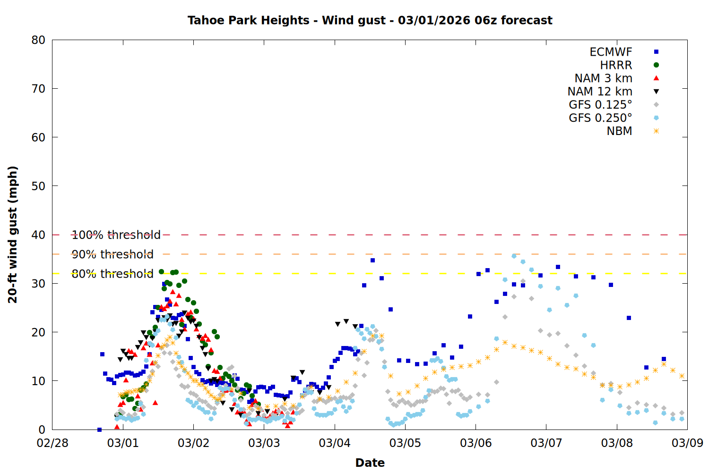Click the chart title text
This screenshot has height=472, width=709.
pos(370,20)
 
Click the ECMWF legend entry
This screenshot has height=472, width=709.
pos(611,52)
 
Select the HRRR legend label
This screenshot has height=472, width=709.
pos(616,65)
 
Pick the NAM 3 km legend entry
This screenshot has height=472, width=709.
pos(603,78)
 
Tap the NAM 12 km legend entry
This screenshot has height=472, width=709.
pos(600,92)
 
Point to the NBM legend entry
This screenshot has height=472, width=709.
pos(619,131)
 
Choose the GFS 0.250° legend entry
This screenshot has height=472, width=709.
pos(600,118)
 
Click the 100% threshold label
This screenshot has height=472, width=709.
pos(116,235)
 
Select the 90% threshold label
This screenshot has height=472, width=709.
pos(112,254)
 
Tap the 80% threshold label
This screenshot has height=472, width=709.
pos(112,274)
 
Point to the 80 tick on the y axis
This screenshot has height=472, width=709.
pos(38,40)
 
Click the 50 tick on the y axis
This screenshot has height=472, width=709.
pos(38,186)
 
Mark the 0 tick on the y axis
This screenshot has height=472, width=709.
pos(42,430)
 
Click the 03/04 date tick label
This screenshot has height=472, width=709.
pos(335,443)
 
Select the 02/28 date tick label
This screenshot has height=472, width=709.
pos(52,443)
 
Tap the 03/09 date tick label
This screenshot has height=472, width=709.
pos(687,443)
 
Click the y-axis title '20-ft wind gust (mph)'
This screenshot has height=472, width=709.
pos(13,235)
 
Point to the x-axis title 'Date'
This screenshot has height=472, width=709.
pos(370,463)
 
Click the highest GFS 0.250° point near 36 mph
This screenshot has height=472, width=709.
pos(514,256)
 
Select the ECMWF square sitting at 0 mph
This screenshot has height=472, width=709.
pos(99,430)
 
